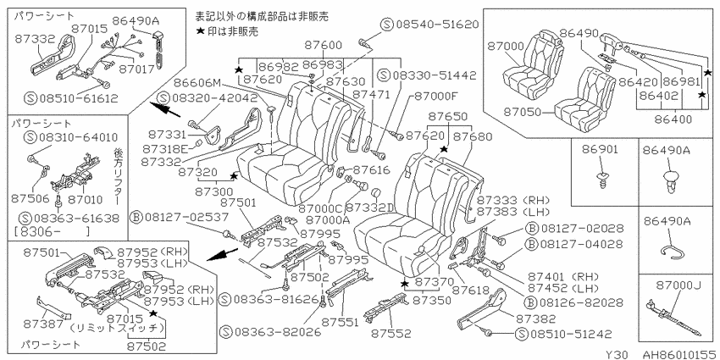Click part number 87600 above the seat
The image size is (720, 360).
(x=324, y=46)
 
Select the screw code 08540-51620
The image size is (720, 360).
(x=435, y=25)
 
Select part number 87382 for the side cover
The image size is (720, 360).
(x=535, y=318)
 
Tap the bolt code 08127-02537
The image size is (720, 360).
(x=185, y=215)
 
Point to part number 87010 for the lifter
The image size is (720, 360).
(x=86, y=200)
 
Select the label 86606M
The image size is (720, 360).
(x=198, y=83)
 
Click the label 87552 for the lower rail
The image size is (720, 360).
(x=391, y=334)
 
